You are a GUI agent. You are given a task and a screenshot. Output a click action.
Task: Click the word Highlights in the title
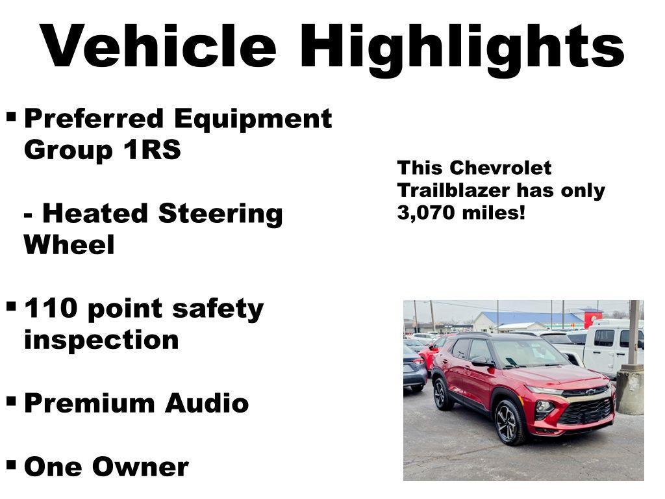(x=465, y=47)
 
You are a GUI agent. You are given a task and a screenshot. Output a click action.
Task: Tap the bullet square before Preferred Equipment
(x=11, y=118)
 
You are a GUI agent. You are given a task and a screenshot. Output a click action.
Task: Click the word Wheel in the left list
(x=69, y=245)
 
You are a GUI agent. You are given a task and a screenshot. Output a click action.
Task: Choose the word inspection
(x=101, y=340)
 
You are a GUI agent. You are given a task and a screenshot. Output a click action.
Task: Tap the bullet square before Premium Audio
(x=11, y=401)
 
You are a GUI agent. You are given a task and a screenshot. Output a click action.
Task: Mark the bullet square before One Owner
(x=11, y=464)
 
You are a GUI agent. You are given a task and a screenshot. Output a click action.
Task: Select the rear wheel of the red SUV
(x=443, y=394)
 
